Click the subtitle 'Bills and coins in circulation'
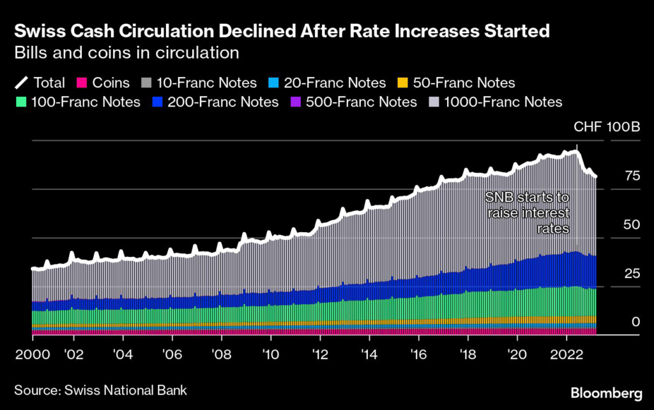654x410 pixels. (x=126, y=52)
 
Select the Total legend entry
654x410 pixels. (x=40, y=82)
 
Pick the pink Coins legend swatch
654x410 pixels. (x=82, y=82)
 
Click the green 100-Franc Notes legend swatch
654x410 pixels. (x=21, y=102)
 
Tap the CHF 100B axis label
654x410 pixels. (x=607, y=128)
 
